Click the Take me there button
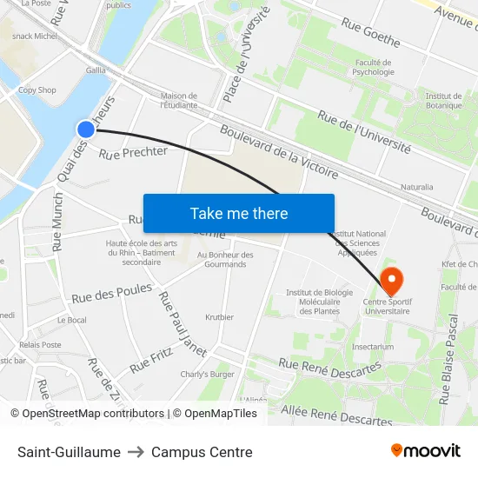(x=239, y=213)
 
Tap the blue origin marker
(x=85, y=129)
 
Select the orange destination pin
(x=392, y=282)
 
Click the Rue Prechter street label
(x=133, y=153)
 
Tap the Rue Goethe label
(x=371, y=34)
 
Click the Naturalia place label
(x=416, y=187)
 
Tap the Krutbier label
(x=219, y=317)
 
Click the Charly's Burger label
(x=208, y=375)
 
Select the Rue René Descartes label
(x=329, y=367)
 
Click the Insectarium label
(x=373, y=346)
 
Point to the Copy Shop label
(x=37, y=90)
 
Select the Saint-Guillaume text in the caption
(x=69, y=452)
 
